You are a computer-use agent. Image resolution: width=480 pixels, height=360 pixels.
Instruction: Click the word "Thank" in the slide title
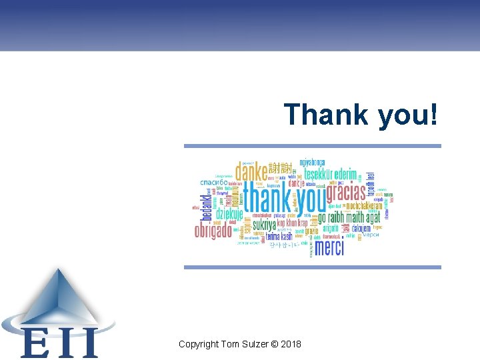[x=326, y=114]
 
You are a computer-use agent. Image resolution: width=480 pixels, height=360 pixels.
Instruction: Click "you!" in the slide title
[x=409, y=115]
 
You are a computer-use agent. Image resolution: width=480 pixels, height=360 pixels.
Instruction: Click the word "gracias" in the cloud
[x=345, y=193]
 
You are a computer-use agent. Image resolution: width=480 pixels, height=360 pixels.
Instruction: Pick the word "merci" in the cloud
[x=329, y=248]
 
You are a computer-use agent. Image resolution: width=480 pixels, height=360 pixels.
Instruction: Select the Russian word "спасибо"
[x=214, y=182]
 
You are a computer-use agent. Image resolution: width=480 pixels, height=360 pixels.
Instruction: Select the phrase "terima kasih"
[x=279, y=236]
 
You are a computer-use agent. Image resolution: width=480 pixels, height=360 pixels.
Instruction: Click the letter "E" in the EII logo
[x=33, y=343]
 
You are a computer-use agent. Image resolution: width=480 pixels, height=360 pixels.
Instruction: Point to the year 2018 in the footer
[x=290, y=345]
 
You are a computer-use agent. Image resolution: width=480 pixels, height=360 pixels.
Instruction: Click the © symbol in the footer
[x=274, y=345]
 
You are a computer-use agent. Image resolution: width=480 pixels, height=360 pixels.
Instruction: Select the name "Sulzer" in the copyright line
[x=254, y=345]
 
